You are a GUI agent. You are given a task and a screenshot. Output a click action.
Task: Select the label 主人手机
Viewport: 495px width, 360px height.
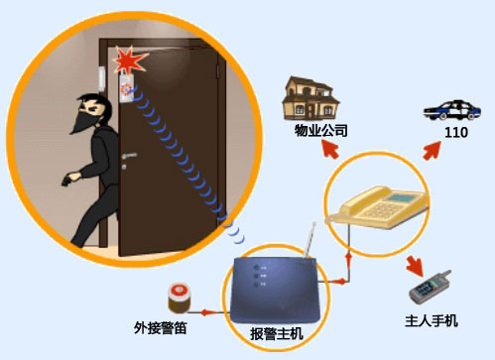(x=433, y=320)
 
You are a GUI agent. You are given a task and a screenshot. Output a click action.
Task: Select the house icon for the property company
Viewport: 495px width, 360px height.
(x=309, y=98)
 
